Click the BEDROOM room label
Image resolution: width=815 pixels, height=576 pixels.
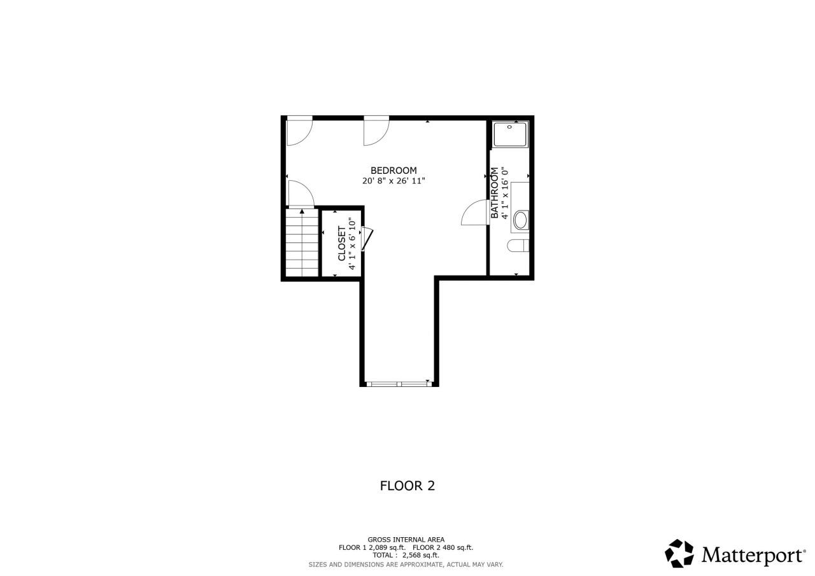click(393, 170)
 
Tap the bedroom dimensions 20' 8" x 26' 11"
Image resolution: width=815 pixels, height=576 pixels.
click(393, 181)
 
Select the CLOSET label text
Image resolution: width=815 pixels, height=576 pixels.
click(342, 243)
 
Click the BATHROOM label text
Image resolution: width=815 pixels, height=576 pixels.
click(494, 193)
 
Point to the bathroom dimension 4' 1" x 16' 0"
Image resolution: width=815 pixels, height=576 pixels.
click(505, 193)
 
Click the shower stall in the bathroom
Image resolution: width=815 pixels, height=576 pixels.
click(511, 134)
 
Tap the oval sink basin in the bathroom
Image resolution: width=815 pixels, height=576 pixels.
click(520, 220)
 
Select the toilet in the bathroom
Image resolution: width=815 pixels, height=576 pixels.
click(518, 246)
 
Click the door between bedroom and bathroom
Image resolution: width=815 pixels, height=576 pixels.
click(474, 213)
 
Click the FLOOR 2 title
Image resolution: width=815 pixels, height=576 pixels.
click(407, 486)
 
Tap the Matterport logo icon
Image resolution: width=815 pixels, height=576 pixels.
click(679, 553)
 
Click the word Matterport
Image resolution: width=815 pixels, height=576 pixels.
click(753, 554)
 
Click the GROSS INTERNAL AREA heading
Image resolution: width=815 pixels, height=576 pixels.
click(406, 539)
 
